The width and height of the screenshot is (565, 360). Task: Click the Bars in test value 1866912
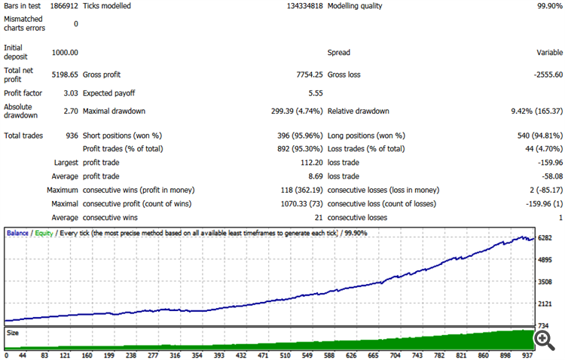coord(64,6)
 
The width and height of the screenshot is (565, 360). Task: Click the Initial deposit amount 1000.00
coord(65,53)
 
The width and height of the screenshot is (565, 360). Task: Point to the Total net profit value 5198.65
coord(65,75)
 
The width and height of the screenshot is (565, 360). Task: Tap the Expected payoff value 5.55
coord(316,93)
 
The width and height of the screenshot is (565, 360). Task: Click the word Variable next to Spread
coord(548,53)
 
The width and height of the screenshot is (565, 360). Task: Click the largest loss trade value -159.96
coord(547,162)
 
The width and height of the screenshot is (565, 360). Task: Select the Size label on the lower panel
coord(13,331)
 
